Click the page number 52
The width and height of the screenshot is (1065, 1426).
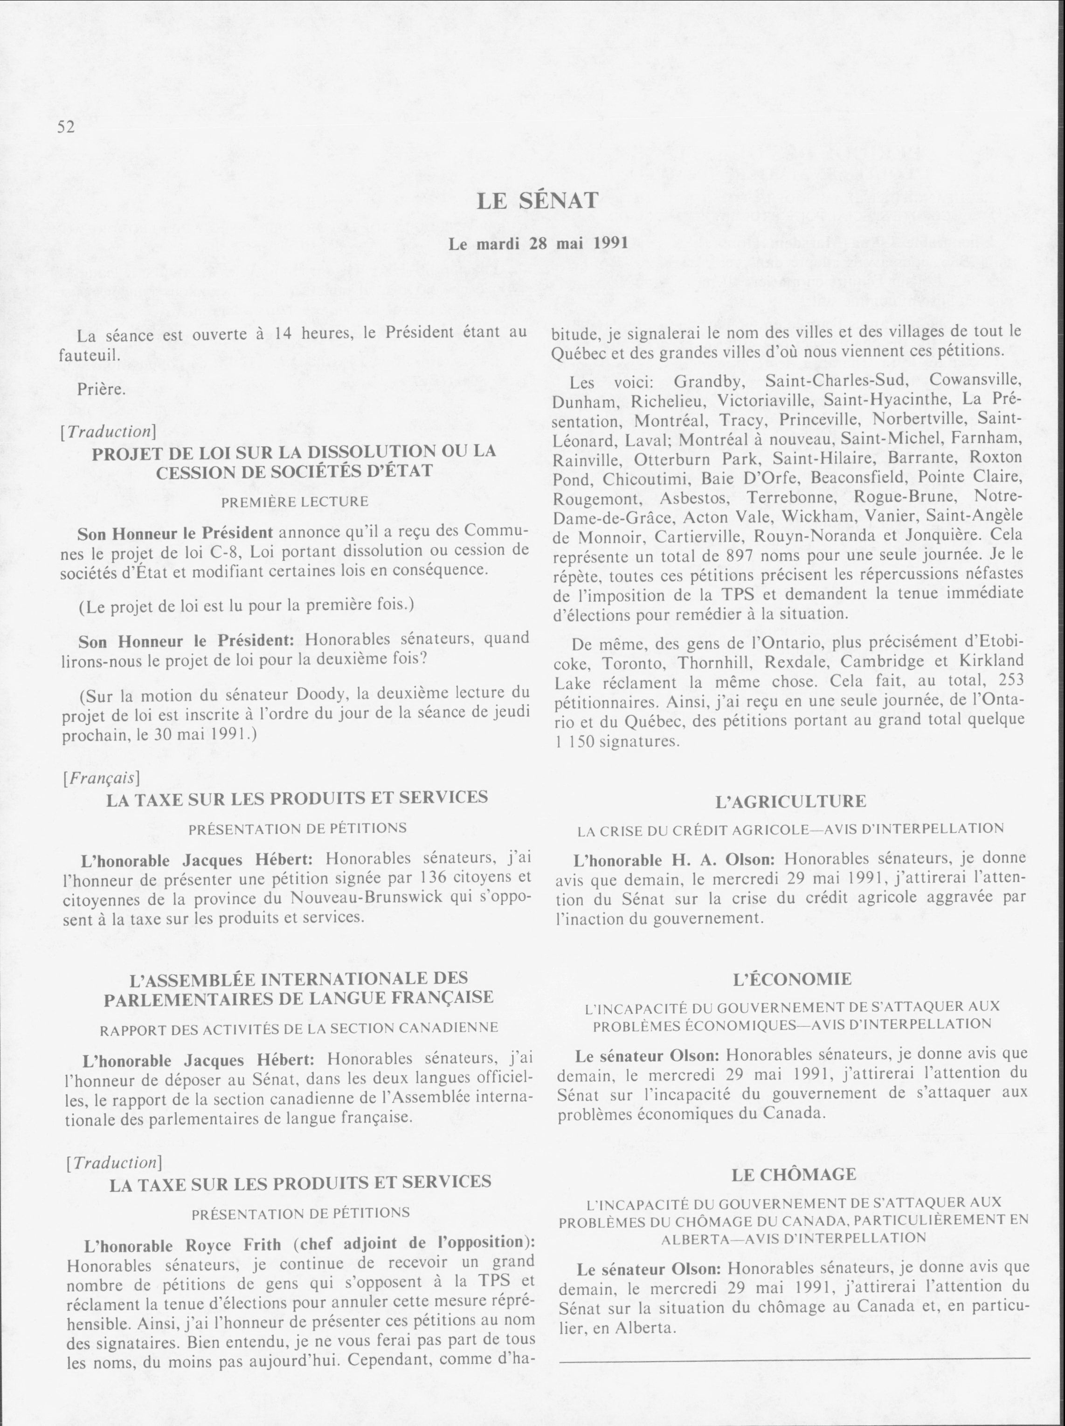(66, 127)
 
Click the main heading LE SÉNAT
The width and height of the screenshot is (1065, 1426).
(538, 202)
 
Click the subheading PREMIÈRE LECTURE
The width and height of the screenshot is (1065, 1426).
(295, 501)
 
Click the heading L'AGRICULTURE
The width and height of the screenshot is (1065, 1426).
(791, 802)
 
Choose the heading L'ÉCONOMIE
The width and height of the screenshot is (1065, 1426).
(792, 979)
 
